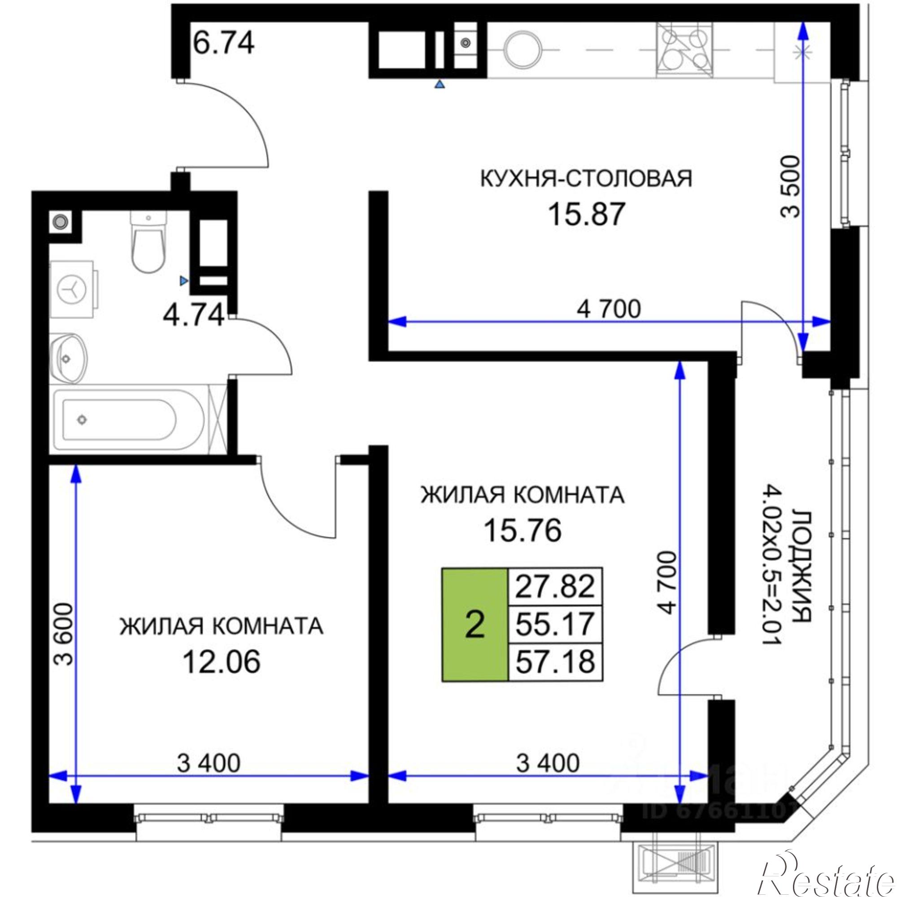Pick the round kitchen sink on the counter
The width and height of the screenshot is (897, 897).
[523, 50]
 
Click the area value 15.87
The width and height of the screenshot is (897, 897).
[585, 215]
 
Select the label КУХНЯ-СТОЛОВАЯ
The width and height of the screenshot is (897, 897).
[586, 179]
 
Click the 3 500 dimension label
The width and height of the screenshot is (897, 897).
[790, 193]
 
